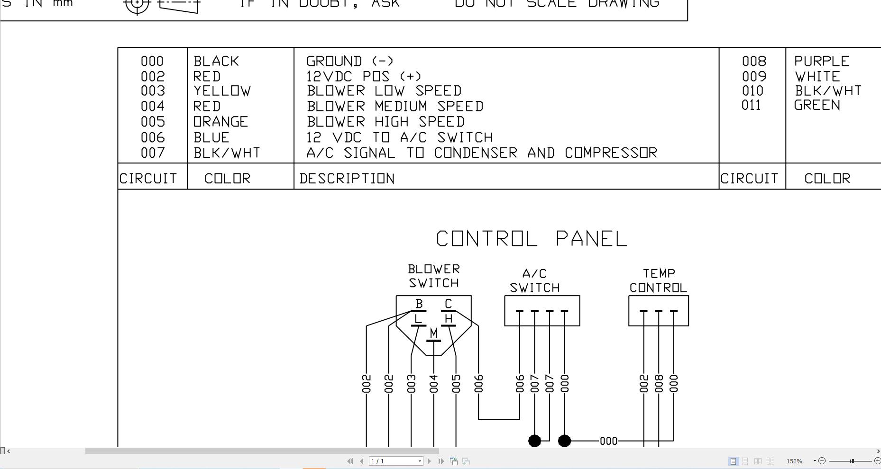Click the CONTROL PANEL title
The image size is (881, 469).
click(x=532, y=239)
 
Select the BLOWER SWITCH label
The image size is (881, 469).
click(x=434, y=276)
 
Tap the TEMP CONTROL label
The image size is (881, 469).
click(x=658, y=280)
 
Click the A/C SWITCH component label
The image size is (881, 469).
click(x=534, y=280)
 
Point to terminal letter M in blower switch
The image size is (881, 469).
click(x=433, y=334)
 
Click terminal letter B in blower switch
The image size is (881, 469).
click(x=419, y=304)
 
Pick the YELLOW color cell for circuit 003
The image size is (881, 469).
click(x=222, y=91)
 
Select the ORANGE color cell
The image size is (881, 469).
click(x=220, y=122)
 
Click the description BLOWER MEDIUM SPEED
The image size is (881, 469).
click(x=395, y=106)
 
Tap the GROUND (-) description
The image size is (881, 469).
click(x=350, y=61)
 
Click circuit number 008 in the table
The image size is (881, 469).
click(x=754, y=61)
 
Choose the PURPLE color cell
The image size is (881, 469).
click(x=821, y=61)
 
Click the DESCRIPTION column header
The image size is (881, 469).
click(x=347, y=179)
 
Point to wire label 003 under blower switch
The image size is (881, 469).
click(x=411, y=384)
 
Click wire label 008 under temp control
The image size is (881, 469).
click(x=659, y=384)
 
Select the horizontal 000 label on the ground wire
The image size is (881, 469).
click(x=608, y=441)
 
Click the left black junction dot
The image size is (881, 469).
click(x=534, y=441)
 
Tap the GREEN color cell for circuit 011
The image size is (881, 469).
click(x=817, y=105)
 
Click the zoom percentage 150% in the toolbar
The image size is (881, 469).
click(x=794, y=461)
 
